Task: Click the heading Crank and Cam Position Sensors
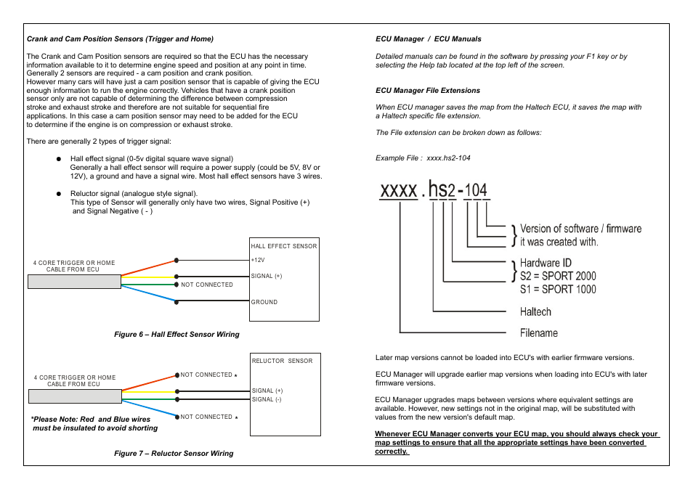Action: pyautogui.click(x=120, y=38)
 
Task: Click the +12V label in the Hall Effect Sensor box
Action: pyautogui.click(x=257, y=260)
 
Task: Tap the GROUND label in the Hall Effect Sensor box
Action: pyautogui.click(x=264, y=302)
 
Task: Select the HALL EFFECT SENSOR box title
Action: pyautogui.click(x=284, y=246)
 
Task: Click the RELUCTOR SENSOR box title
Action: pyautogui.click(x=282, y=361)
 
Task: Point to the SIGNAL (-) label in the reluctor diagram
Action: pyautogui.click(x=267, y=400)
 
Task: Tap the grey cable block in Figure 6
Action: pyautogui.click(x=74, y=282)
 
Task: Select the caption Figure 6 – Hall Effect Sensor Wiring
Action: pyautogui.click(x=177, y=335)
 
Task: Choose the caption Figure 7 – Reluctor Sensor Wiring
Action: pyautogui.click(x=174, y=454)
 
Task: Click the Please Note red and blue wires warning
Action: pyautogui.click(x=94, y=424)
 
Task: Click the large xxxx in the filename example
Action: pyautogui.click(x=398, y=191)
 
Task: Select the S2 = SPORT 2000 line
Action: pyautogui.click(x=557, y=276)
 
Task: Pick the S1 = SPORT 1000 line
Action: pyautogui.click(x=557, y=289)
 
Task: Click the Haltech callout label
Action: pyautogui.click(x=535, y=312)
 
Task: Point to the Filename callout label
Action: pyautogui.click(x=538, y=333)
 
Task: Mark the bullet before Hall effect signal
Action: pyautogui.click(x=59, y=158)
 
